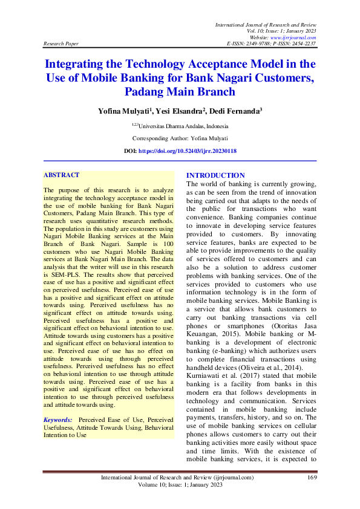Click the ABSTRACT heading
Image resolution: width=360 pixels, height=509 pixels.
(61, 175)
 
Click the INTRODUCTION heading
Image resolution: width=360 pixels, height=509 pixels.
(215, 175)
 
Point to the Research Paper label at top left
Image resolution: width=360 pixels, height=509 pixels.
(61, 44)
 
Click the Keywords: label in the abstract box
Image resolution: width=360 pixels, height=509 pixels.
(57, 420)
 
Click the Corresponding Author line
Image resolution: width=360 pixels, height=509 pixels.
(180, 138)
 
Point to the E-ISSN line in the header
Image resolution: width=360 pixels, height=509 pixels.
(270, 44)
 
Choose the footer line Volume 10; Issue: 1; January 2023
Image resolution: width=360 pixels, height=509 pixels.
(180, 485)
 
